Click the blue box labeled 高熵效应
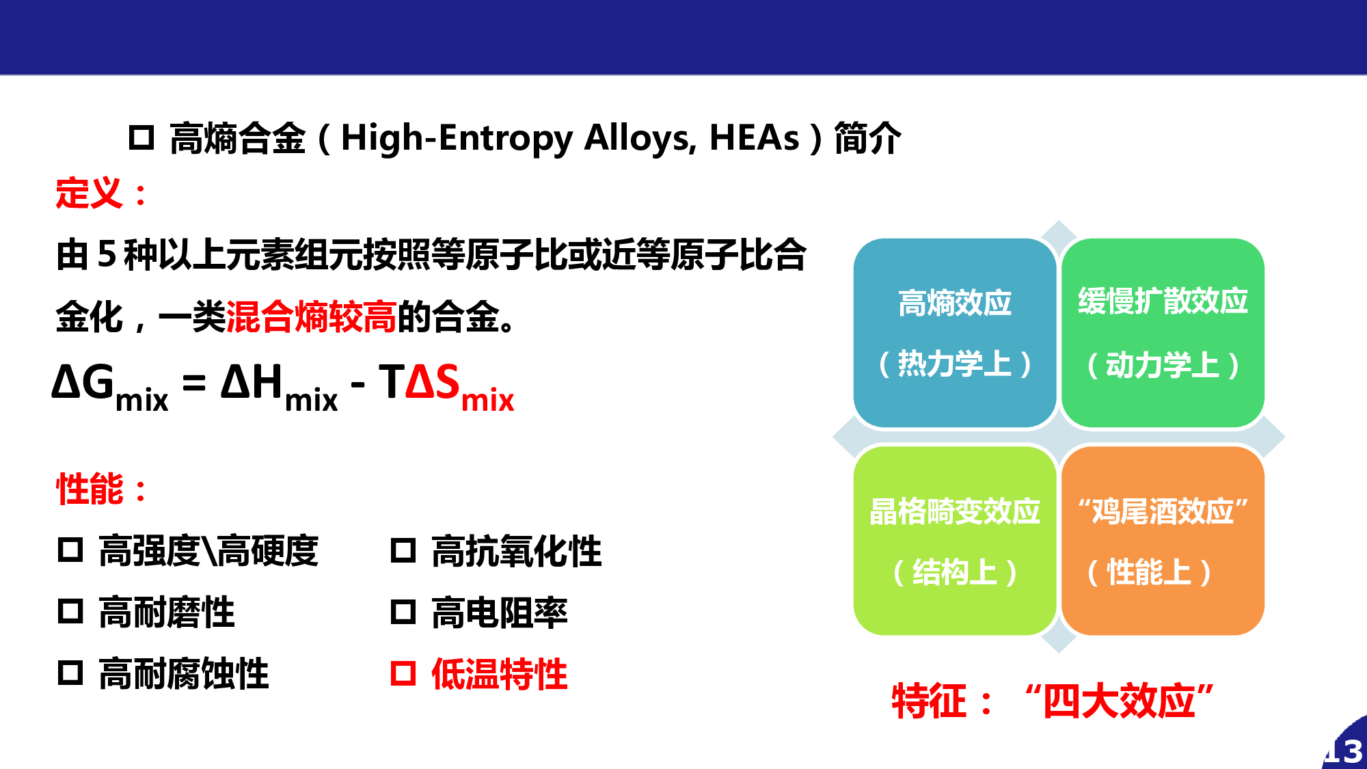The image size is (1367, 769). point(955,333)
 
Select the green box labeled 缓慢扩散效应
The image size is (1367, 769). point(1163,333)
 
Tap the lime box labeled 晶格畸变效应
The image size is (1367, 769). point(955,541)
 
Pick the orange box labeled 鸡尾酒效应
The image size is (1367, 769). point(1163,541)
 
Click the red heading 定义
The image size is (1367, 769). point(90,193)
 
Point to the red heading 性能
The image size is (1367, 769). point(90,489)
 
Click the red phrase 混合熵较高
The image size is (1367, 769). point(311,316)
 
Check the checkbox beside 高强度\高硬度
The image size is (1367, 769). point(70,550)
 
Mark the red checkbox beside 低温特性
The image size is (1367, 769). point(403,673)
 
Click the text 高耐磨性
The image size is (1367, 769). point(167,612)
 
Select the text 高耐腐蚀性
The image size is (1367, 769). point(184,673)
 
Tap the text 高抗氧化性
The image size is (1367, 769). point(517,551)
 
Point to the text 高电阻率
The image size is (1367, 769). point(500,612)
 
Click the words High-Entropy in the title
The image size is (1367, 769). point(457,139)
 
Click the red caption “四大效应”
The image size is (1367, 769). point(1119,701)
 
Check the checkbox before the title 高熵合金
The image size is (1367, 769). point(141,137)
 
